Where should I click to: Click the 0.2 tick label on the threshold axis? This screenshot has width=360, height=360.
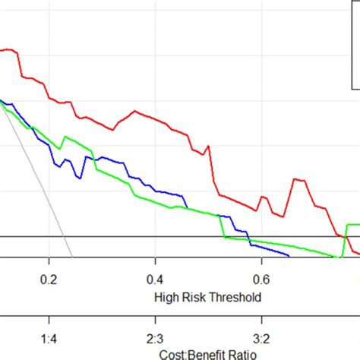[49, 280]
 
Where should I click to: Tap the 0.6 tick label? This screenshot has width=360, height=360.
[261, 280]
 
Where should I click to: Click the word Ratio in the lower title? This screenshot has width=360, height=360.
[242, 355]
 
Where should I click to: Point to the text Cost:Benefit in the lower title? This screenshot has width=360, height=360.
[186, 355]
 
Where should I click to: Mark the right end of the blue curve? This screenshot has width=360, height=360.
[289, 256]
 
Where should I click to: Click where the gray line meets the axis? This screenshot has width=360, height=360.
[72, 257]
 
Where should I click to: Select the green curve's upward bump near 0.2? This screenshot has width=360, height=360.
[66, 137]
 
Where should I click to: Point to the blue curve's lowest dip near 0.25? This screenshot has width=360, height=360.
[80, 178]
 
